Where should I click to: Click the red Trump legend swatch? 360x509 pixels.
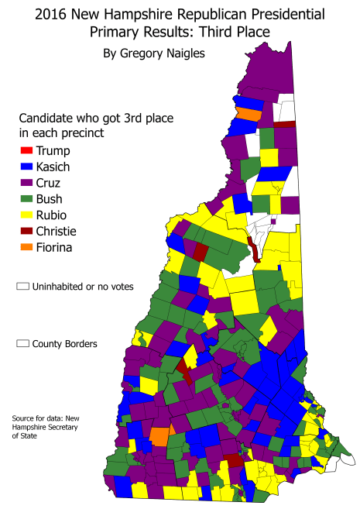pos(26,150)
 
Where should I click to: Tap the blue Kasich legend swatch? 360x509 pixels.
pos(26,167)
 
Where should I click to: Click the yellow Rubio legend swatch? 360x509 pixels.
pos(26,215)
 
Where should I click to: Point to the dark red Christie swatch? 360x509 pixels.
pos(26,231)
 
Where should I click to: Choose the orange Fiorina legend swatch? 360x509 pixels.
pos(26,247)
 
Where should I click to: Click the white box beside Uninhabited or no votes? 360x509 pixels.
pos(22,287)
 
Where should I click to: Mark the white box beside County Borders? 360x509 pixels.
pos(22,343)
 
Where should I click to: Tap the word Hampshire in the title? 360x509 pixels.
pos(148,15)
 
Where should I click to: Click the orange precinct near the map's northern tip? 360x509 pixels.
pos(249,113)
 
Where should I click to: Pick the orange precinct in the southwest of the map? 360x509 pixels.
pos(159,435)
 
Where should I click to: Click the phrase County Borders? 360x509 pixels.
pos(65,343)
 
